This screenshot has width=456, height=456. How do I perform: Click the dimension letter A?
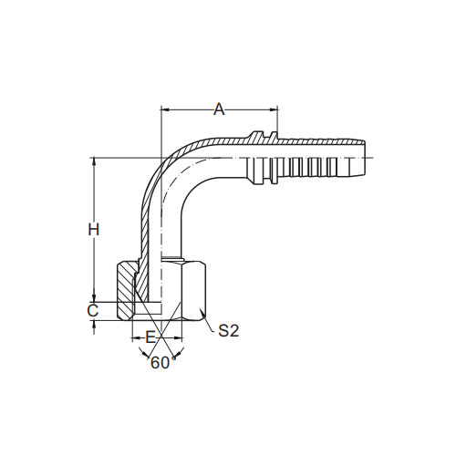coord(219,109)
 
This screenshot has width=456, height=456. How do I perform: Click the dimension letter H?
coord(94,230)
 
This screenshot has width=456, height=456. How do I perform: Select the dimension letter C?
coord(93,311)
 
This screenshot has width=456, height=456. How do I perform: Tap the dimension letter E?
coord(150,337)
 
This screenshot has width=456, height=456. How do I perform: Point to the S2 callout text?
coord(229,331)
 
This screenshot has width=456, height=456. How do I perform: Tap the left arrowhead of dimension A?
coord(165,109)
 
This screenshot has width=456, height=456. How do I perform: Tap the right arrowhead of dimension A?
coord(273,109)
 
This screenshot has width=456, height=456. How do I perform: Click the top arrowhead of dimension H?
coord(94,162)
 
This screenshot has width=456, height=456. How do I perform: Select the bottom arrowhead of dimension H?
coord(94,297)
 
